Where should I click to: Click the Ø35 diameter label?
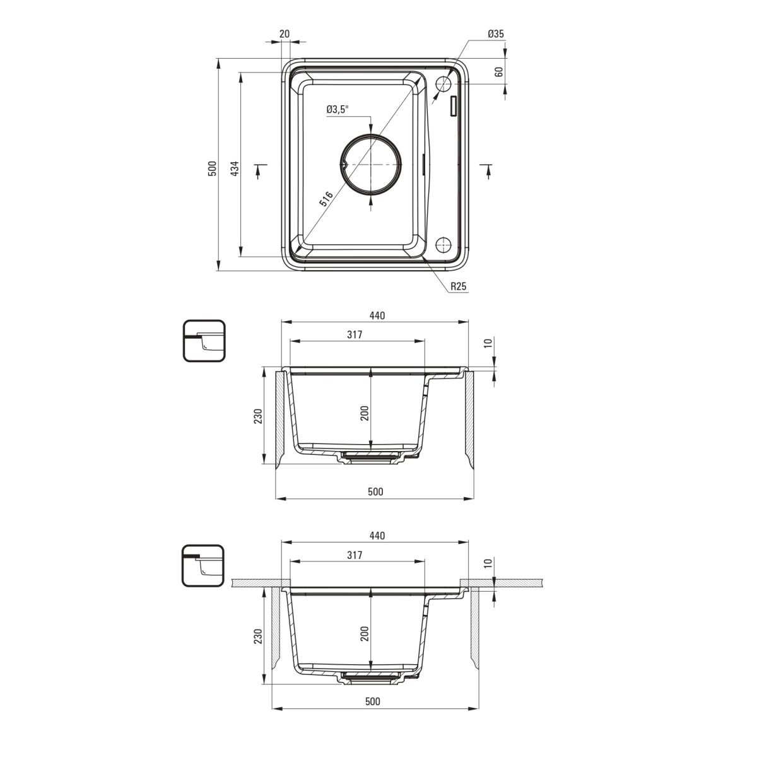click(495, 34)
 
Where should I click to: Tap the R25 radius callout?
click(459, 286)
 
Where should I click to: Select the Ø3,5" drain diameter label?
click(337, 109)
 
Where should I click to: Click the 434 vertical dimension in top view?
click(235, 168)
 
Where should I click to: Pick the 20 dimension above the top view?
click(285, 34)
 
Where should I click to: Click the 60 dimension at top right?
click(498, 72)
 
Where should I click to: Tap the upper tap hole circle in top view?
click(443, 84)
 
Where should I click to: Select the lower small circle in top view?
click(443, 245)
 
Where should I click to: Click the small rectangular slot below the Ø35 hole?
click(454, 107)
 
